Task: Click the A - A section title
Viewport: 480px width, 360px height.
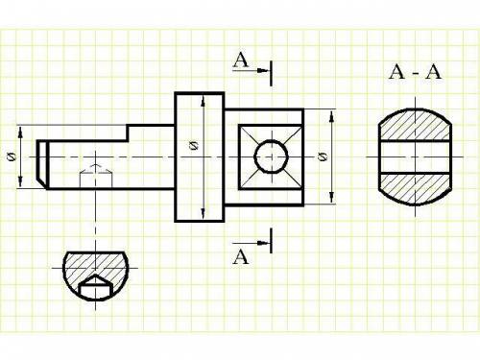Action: pos(415,72)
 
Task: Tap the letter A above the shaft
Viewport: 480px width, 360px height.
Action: pos(241,60)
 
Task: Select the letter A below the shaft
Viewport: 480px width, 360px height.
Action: pos(241,256)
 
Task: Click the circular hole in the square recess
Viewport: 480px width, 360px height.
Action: pos(272,156)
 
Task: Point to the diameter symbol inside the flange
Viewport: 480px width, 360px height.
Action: pos(194,146)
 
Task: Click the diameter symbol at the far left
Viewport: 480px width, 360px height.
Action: pos(12,156)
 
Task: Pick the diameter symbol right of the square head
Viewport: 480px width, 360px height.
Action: pos(324,156)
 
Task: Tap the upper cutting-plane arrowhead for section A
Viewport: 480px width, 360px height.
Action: pos(263,70)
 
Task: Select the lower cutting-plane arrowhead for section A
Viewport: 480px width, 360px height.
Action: pos(263,243)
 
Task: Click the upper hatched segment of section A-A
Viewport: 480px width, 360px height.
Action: pos(416,125)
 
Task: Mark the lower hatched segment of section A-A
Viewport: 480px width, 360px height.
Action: pos(416,189)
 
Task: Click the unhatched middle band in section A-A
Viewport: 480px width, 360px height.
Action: pos(416,156)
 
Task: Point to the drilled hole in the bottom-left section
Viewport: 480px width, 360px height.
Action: pos(95,287)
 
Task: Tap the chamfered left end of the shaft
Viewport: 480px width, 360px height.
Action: pos(42,164)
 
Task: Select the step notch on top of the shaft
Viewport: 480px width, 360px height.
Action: pos(128,132)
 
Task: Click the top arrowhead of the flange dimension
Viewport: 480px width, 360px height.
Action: pos(203,103)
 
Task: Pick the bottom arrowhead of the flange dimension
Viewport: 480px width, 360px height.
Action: pos(203,213)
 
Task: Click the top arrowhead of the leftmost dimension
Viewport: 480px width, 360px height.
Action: pos(20,133)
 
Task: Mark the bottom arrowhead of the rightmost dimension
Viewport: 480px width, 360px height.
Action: pos(332,197)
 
